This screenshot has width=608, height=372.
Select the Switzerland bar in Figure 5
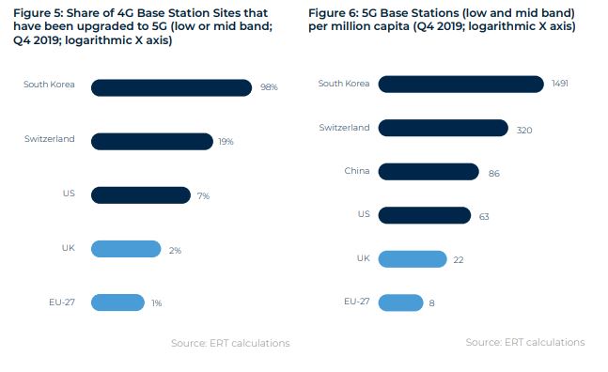[151, 141]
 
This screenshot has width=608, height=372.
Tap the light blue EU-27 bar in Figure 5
[117, 302]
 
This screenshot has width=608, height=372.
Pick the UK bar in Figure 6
[413, 258]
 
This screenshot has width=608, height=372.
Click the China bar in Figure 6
[429, 172]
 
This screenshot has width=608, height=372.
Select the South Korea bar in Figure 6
[460, 85]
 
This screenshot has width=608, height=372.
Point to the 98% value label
[269, 87]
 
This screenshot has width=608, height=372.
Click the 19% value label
[226, 142]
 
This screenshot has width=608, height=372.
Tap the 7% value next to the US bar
[203, 195]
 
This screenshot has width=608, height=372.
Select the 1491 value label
[559, 85]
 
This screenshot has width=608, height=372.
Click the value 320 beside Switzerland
[524, 130]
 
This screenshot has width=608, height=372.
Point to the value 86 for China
[494, 173]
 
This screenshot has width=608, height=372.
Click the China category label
[357, 171]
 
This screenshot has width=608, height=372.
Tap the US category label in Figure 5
[70, 194]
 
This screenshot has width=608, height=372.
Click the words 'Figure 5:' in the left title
[36, 12]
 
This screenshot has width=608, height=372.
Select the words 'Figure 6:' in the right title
[331, 12]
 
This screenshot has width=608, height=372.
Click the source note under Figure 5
[230, 344]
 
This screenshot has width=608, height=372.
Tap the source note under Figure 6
[524, 342]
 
